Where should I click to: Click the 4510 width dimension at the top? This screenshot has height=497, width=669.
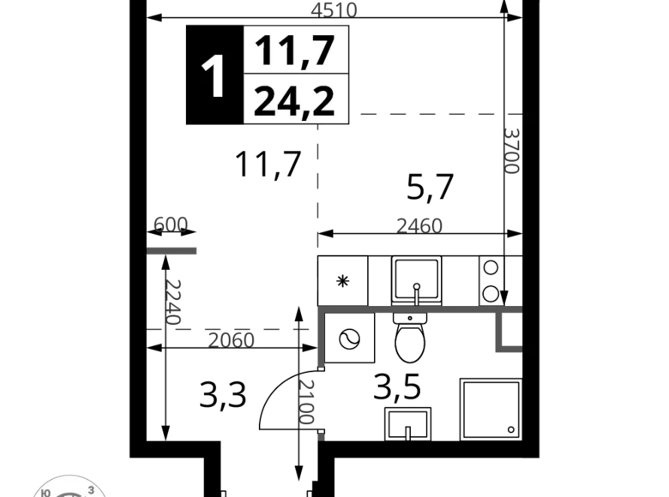point(334,9)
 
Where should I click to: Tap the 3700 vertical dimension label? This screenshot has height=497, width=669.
point(512,151)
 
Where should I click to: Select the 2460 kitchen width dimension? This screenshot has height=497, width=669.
point(419,226)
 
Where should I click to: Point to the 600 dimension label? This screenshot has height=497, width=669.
point(170,225)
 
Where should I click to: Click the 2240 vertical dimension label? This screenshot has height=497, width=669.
point(173,302)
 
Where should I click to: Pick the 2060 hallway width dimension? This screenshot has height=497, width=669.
point(231,340)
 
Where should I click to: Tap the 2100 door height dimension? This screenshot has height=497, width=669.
point(306,402)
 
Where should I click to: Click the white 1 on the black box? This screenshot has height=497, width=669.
point(214,76)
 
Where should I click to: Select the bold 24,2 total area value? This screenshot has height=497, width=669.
point(294,100)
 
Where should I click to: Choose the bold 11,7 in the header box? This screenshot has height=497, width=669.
point(295,51)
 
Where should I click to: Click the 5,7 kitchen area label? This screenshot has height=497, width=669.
point(430,187)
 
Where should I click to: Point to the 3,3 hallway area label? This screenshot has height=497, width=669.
point(223,395)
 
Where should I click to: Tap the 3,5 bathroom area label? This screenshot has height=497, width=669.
point(397,387)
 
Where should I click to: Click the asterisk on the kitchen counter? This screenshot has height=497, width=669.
point(343,281)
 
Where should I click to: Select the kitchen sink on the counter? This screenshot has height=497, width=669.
point(417,280)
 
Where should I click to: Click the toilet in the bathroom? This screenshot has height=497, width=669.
point(410,337)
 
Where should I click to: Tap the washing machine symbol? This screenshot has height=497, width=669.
point(349,338)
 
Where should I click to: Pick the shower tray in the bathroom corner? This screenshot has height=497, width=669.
point(491,410)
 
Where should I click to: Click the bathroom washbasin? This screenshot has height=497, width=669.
point(407,424)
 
